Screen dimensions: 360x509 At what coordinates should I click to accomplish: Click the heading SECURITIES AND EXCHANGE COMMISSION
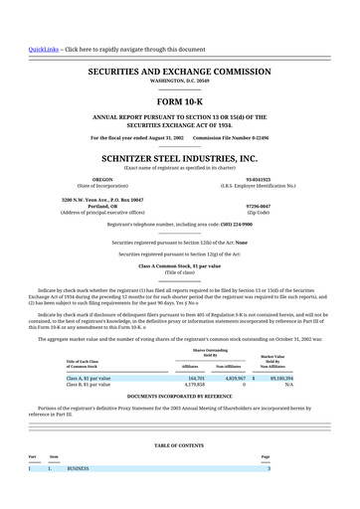(x=179, y=73)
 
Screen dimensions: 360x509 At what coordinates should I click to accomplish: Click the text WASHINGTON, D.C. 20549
(x=179, y=83)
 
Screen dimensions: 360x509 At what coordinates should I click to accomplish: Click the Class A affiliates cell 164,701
(x=196, y=379)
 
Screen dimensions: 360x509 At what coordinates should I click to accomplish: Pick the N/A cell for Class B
(x=288, y=385)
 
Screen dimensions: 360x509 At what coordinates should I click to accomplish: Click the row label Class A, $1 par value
(x=89, y=379)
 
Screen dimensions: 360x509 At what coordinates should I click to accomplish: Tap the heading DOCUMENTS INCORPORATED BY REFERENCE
(x=179, y=395)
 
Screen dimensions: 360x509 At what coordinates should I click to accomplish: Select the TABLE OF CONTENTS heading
(x=179, y=445)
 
